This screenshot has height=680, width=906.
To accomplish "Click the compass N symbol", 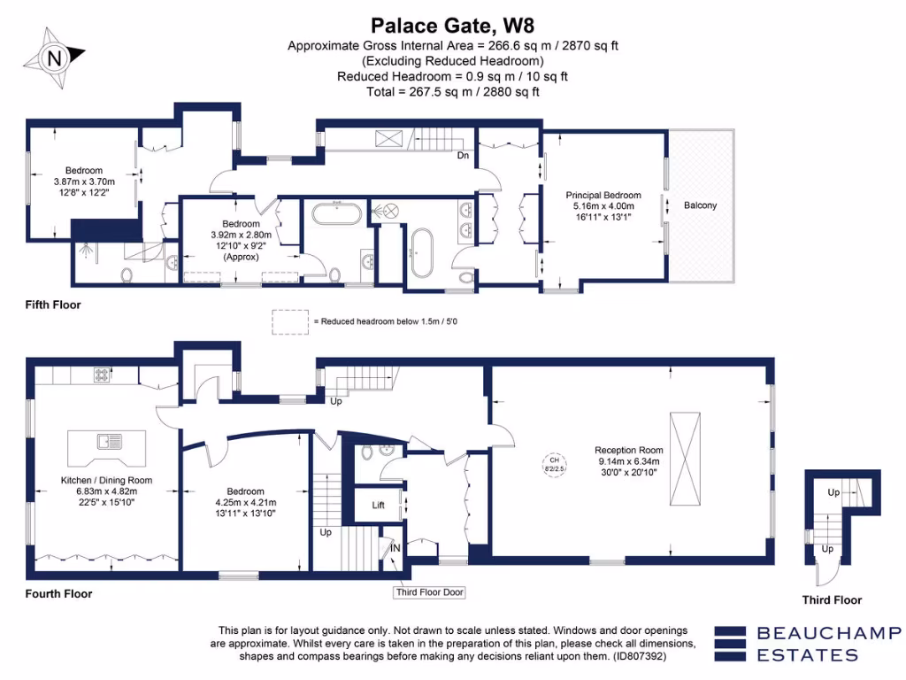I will [56, 58].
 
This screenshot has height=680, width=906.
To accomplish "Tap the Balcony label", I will [701, 205].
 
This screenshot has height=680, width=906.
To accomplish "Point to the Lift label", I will [378, 506].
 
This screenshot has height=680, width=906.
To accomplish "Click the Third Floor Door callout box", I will [429, 592].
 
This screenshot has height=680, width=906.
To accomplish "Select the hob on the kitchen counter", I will [103, 375].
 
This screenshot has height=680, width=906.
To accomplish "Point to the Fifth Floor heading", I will [52, 305].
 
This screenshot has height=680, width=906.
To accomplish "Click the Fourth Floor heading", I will [58, 594].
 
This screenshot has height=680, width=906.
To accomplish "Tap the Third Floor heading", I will [831, 600].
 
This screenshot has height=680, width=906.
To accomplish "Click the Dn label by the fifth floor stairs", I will [462, 156].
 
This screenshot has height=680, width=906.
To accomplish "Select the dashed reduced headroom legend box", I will [290, 321].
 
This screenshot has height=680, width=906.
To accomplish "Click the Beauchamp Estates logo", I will [807, 644].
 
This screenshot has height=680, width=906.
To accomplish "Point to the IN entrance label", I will [395, 549].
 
